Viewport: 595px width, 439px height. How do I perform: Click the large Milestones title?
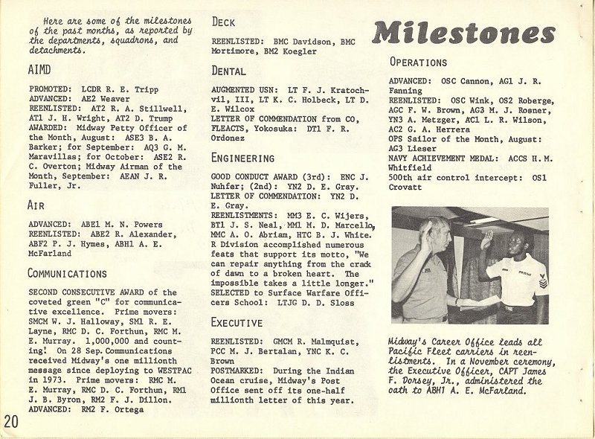coord(465,32)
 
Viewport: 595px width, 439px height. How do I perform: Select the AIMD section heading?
coord(41,73)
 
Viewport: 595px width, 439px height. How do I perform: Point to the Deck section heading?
coord(224,22)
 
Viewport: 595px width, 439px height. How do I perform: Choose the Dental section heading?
coord(229,71)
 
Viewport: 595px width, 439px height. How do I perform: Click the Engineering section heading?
coord(243,158)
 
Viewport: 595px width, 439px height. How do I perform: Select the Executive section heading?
coord(237,322)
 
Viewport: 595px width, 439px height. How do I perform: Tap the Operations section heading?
coord(419,63)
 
